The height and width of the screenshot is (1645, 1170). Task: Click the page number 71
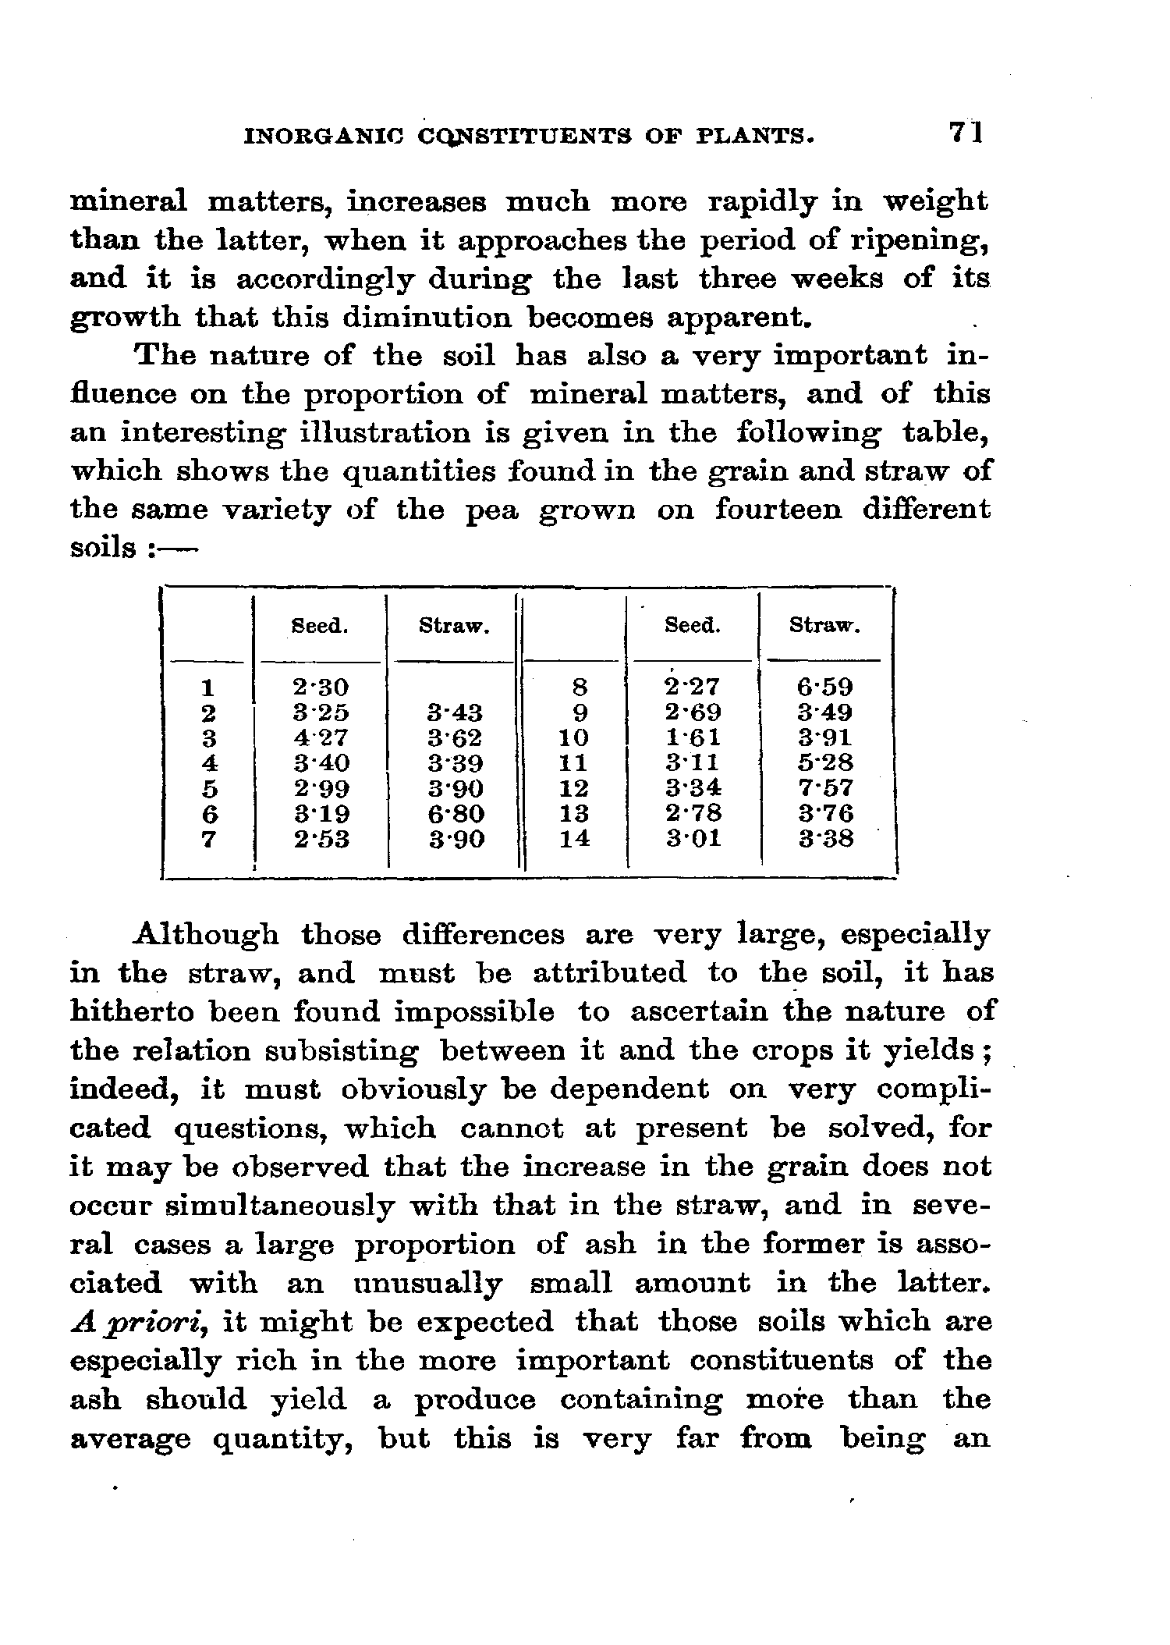pyautogui.click(x=966, y=133)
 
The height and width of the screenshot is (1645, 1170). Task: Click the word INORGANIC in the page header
pyautogui.click(x=321, y=137)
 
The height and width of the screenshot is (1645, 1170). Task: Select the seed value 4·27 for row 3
pyautogui.click(x=321, y=737)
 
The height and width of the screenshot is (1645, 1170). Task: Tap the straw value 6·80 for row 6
pyautogui.click(x=456, y=814)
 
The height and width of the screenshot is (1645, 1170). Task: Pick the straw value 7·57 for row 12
pyautogui.click(x=825, y=788)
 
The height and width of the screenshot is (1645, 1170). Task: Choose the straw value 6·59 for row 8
pyautogui.click(x=825, y=687)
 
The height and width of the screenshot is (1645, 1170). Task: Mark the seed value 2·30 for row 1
pyautogui.click(x=321, y=687)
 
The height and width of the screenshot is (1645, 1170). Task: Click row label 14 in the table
pyautogui.click(x=574, y=840)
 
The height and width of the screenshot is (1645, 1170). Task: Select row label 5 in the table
pyautogui.click(x=208, y=788)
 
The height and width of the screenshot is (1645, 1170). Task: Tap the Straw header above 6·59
pyautogui.click(x=824, y=626)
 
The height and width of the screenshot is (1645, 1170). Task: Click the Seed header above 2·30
pyautogui.click(x=319, y=626)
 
